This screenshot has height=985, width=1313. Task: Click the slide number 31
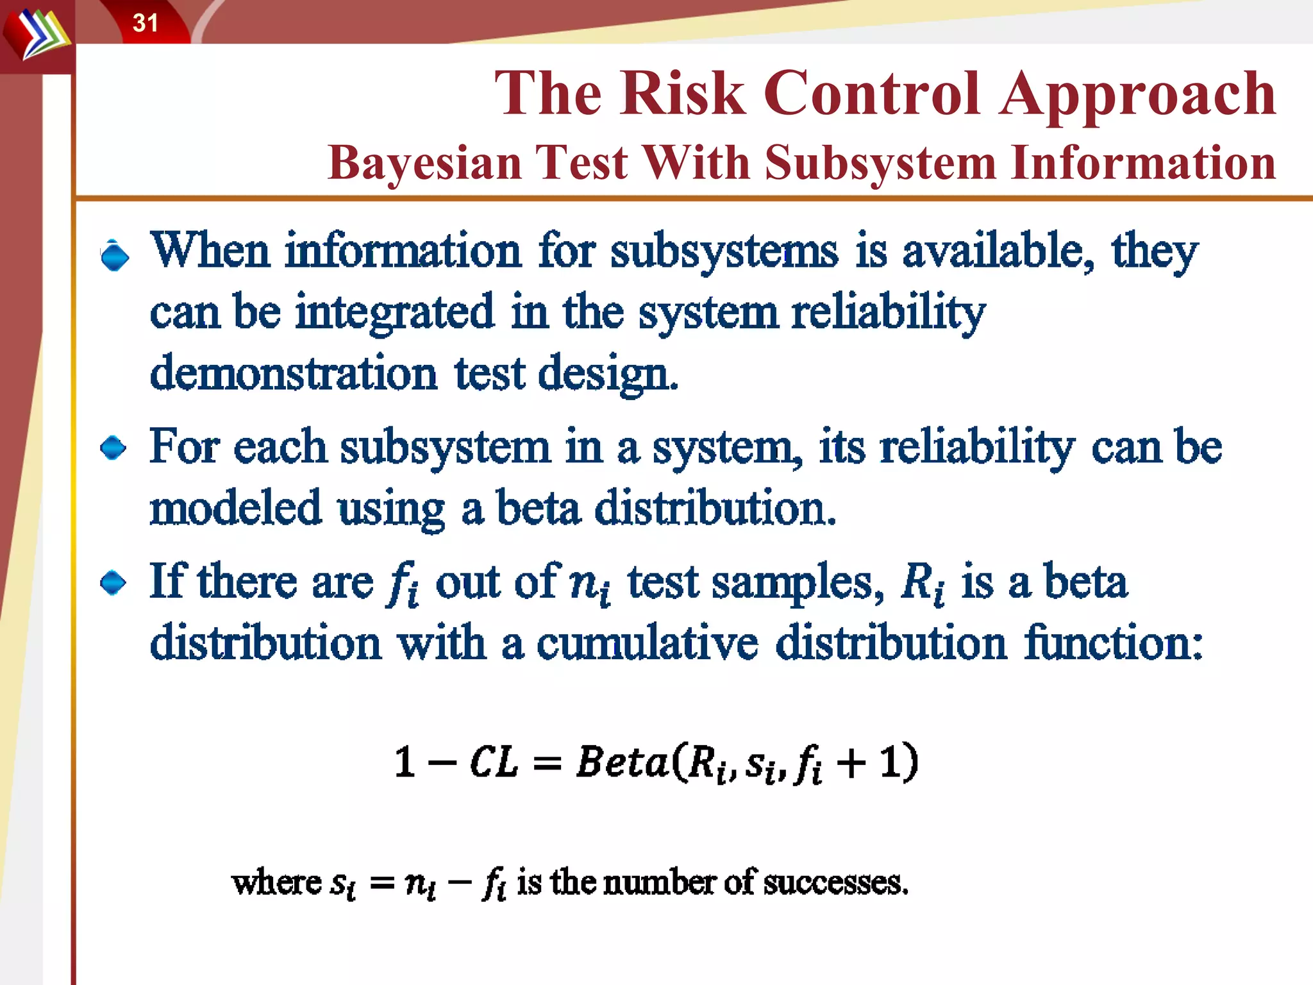145,23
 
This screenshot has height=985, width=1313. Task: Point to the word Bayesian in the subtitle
424,163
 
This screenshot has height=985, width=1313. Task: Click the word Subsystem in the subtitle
880,163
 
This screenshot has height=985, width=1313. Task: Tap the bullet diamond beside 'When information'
115,257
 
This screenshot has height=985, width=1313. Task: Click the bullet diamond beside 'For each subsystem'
114,448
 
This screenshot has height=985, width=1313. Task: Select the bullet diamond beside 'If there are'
114,583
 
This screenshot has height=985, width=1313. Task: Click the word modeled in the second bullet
235,508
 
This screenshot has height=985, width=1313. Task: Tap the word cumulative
648,643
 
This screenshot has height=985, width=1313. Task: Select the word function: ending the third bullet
1113,643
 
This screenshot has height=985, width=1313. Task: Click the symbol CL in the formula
493,762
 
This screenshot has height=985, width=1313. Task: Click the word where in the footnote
276,883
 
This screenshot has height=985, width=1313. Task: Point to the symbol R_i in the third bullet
922,584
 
